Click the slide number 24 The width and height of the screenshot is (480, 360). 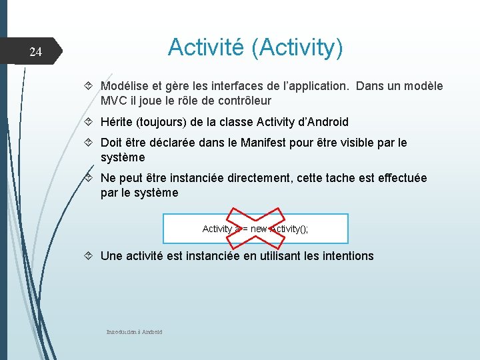pos(36,52)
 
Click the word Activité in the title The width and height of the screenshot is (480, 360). pos(208,47)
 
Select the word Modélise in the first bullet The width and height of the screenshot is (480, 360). pos(125,86)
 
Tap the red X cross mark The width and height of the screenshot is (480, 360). pos(255,227)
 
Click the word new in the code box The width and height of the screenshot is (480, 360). pos(259,229)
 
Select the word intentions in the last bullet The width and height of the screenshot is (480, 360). pos(345,256)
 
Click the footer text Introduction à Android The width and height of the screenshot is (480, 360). pos(134,332)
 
